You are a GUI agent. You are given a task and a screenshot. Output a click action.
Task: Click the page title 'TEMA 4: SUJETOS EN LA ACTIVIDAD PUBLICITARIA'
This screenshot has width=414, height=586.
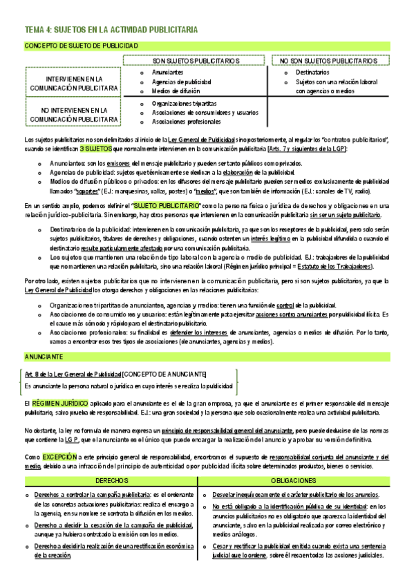click(x=111, y=30)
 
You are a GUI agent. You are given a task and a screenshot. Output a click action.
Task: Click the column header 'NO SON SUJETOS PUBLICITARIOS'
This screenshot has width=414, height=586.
click(x=328, y=61)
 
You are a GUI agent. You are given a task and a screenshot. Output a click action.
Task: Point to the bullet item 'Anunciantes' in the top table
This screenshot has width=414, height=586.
click(x=168, y=73)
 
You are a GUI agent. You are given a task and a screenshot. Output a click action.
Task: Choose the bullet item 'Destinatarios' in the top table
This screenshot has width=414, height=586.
click(x=312, y=73)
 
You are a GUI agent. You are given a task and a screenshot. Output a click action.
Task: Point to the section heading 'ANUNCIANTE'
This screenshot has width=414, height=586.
click(x=44, y=357)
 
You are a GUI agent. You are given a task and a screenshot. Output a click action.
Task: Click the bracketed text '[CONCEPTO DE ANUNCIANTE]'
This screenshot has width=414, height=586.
click(x=164, y=374)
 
